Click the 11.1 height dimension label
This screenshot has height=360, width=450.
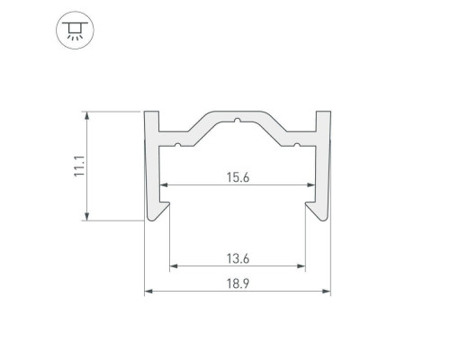coord(80,166)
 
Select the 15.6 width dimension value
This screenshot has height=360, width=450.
coord(238,177)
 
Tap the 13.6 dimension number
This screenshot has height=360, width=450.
coord(238,258)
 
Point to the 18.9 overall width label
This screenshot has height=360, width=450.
coord(238,283)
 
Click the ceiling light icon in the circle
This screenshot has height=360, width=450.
coord(75,31)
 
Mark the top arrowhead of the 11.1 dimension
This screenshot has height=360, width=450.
coord(86,115)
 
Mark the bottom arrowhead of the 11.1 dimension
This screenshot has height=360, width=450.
coord(86,216)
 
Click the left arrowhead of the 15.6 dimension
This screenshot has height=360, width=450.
coord(163,185)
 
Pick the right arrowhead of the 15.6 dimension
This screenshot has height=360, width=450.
coord(311,185)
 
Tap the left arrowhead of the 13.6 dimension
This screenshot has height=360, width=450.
coord(174,266)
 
